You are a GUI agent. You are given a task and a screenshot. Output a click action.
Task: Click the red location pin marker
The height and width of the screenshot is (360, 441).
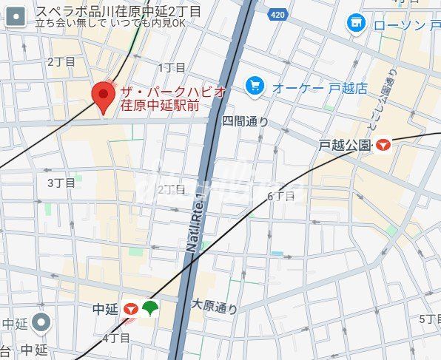coord(103,96)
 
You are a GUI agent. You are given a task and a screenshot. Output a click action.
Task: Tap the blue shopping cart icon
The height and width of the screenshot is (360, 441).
coord(255,87)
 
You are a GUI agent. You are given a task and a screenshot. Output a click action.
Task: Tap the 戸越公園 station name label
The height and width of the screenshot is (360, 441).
coord(345,145)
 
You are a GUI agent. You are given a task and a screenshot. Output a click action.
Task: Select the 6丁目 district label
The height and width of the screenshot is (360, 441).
coord(280,196)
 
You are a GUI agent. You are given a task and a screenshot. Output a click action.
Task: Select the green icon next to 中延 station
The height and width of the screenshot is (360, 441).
coord(150,309)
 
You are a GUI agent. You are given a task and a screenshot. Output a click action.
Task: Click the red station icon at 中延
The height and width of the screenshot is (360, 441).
coord(132,310)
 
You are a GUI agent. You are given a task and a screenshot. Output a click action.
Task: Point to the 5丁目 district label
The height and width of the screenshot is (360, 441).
coord(429,319)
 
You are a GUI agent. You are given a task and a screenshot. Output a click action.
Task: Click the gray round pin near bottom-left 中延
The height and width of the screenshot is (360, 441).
coord(42,322)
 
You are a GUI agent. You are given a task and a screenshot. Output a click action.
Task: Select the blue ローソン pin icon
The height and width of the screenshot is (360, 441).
coord(357,24)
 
